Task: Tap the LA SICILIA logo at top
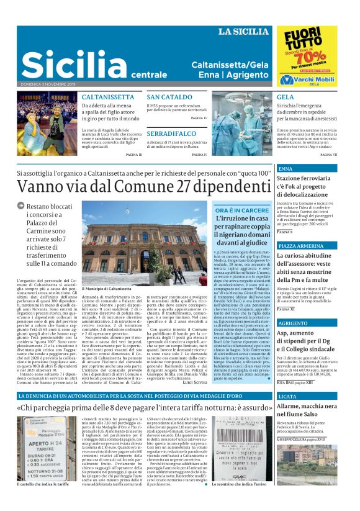click(245, 32)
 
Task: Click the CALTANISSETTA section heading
click(104, 97)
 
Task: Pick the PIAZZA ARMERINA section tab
click(302, 246)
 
